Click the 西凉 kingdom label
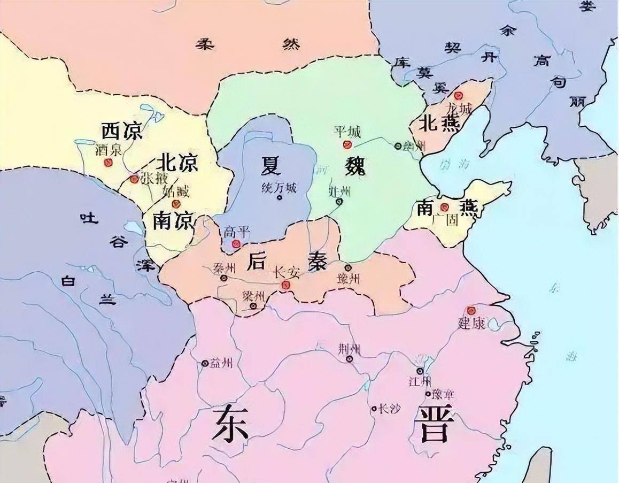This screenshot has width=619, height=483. [x=122, y=131]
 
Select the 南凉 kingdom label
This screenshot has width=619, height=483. [x=172, y=220]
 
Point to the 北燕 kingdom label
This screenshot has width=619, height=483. [x=437, y=124]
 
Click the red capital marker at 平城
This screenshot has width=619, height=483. [x=347, y=144]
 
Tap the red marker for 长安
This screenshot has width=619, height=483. [x=286, y=285]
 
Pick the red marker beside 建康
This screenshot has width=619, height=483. [x=471, y=310]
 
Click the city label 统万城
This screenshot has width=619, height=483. [x=278, y=188]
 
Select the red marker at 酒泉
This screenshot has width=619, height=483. [x=109, y=163]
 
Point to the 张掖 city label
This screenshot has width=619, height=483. [x=153, y=179]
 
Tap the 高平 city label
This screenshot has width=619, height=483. [x=237, y=232]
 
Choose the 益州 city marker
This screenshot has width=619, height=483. [x=205, y=364]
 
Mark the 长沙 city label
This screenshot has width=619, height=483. [x=389, y=409]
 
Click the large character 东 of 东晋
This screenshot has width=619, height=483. [x=230, y=423]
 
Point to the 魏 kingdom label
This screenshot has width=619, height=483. [x=354, y=167]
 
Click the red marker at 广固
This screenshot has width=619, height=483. [x=444, y=207]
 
